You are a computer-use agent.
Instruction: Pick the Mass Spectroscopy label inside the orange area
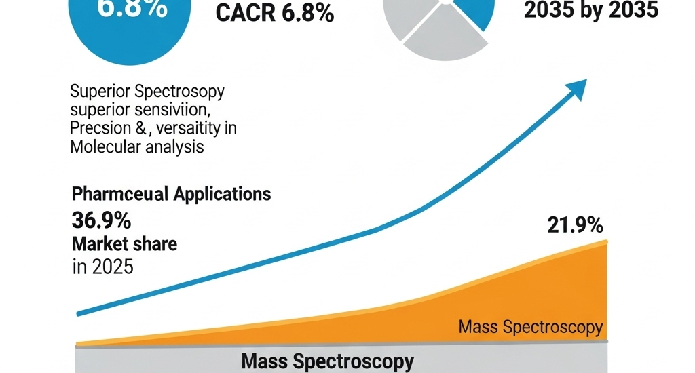click(x=530, y=328)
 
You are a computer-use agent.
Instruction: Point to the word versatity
click(x=198, y=128)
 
